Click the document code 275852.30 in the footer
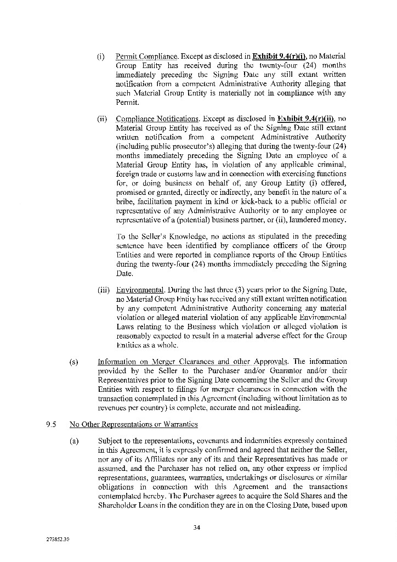(58, 539)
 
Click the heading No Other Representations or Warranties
(134, 424)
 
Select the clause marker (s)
(73, 361)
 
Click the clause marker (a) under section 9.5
(73, 440)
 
